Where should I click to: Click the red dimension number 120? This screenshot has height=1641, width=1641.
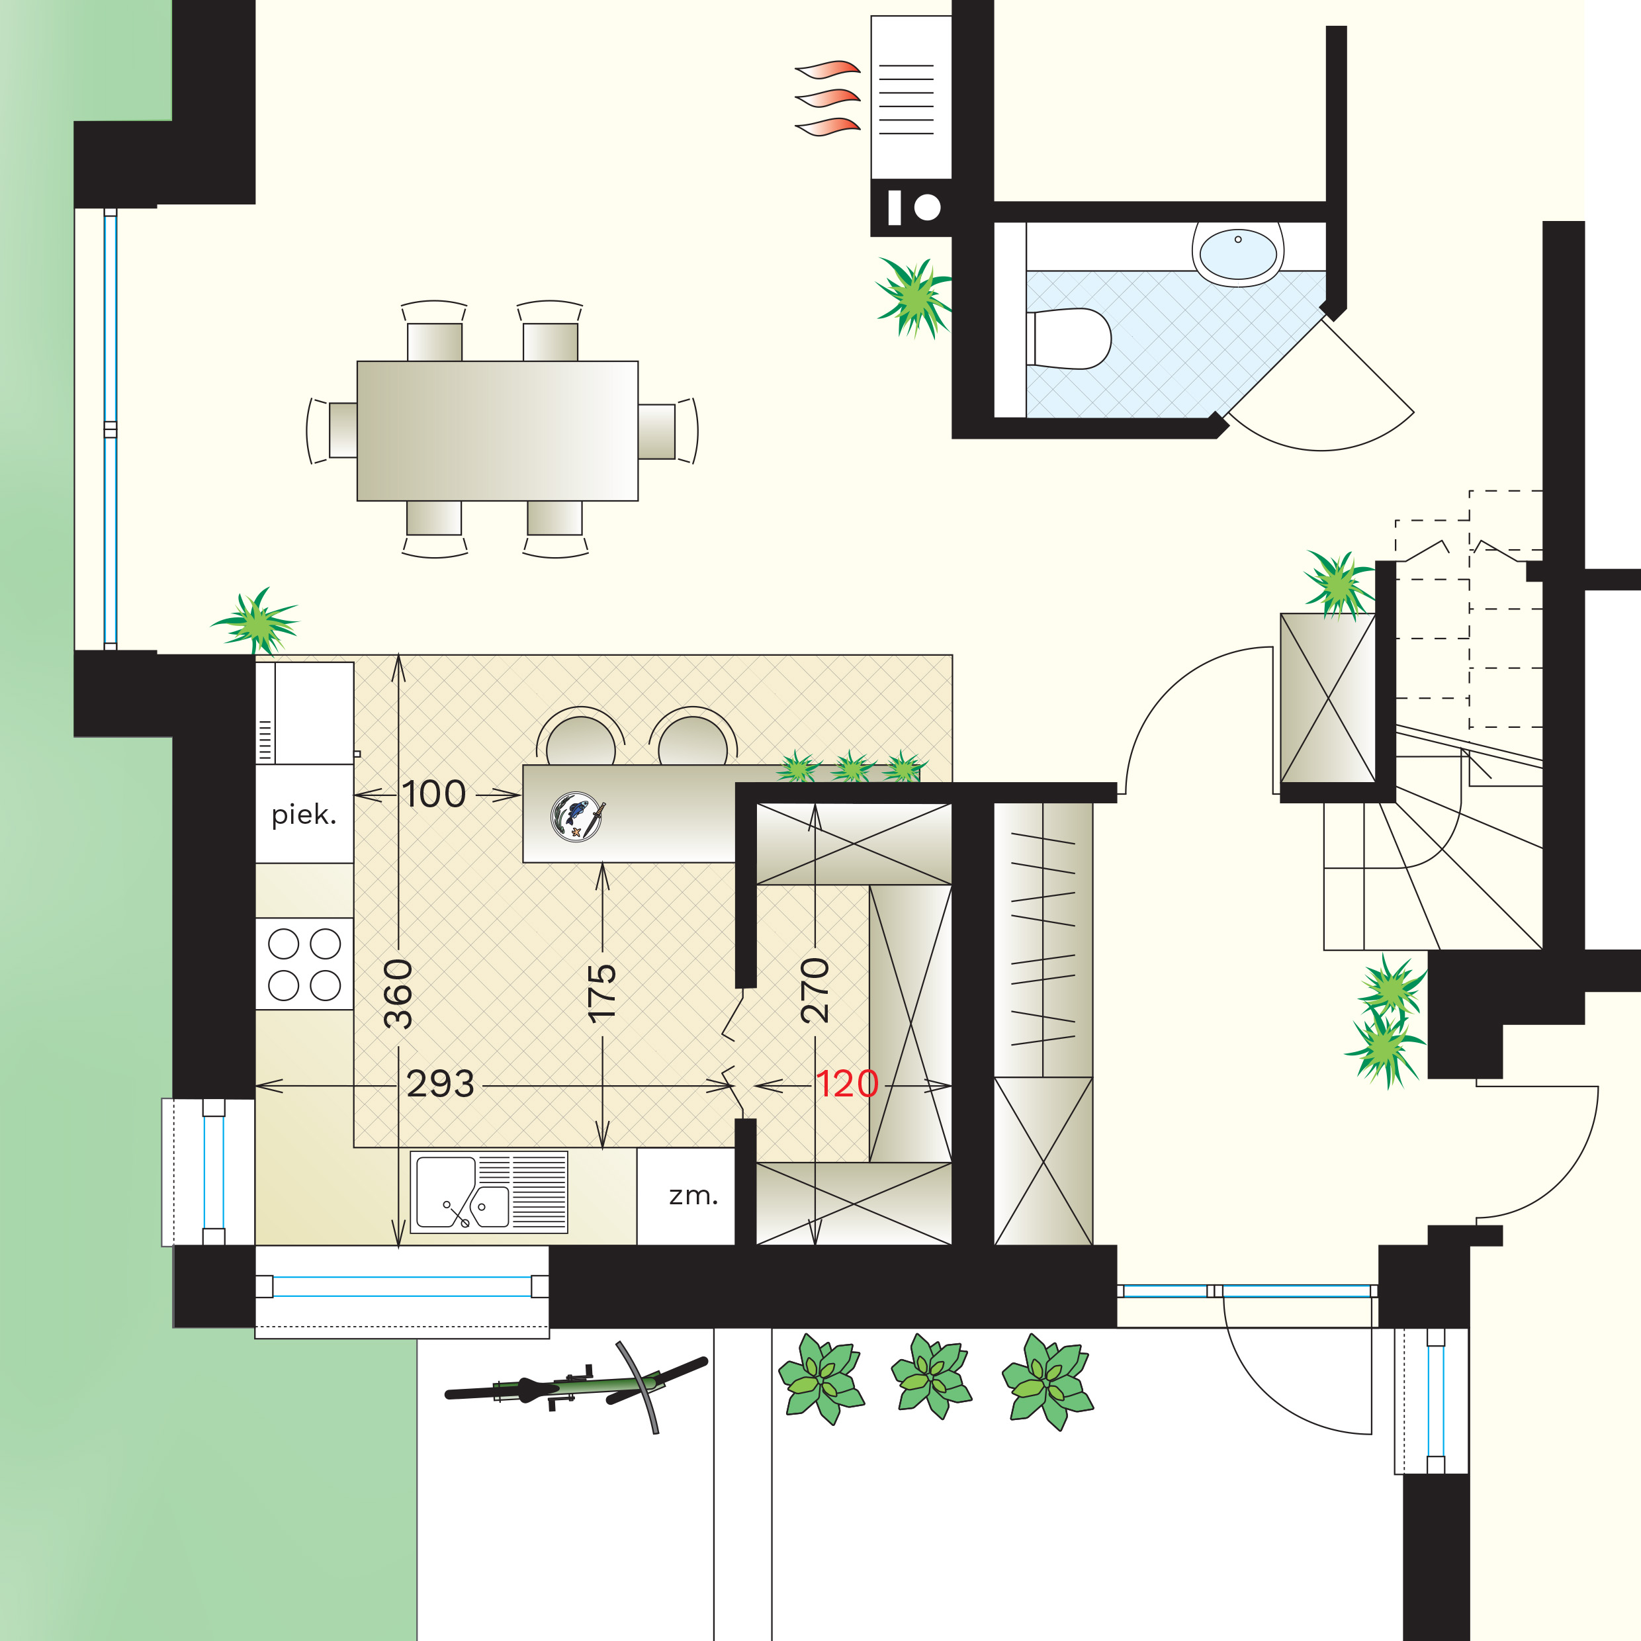tap(847, 1085)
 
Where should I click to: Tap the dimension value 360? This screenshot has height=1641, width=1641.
tap(398, 994)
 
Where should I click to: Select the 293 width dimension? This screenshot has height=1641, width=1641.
tap(440, 1085)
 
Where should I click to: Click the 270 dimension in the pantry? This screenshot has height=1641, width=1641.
tap(815, 989)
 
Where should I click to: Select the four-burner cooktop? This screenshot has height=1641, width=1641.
tap(304, 964)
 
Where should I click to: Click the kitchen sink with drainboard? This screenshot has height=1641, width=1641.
tap(489, 1192)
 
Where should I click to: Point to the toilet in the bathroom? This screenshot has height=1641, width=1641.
tap(1069, 339)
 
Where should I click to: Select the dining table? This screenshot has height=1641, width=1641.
tap(498, 431)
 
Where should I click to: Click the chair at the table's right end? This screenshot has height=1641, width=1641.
tap(668, 431)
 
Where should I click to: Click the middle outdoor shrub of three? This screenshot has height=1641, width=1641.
tap(932, 1377)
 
